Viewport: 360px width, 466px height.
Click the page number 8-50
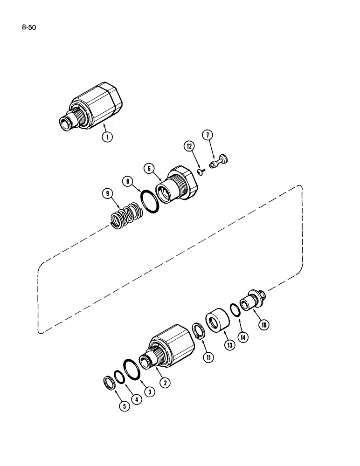coord(28,27)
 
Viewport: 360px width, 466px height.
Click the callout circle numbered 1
coord(107,137)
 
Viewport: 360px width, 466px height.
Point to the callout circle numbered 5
coord(124,405)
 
